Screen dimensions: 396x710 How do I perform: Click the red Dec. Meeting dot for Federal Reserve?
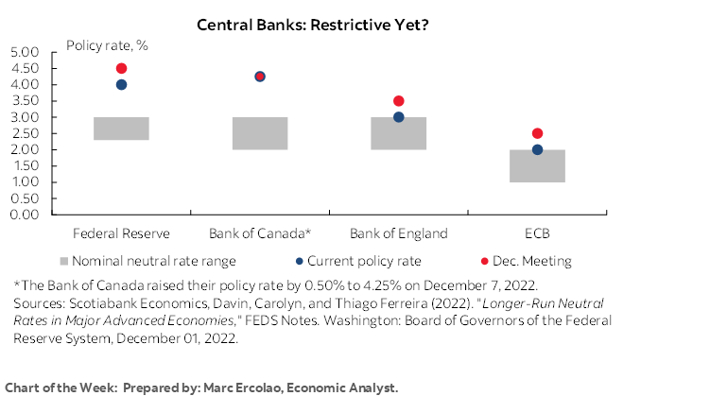click(121, 69)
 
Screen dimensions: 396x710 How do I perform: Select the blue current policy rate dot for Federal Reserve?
click(121, 85)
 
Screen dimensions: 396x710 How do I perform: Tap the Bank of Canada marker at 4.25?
click(260, 77)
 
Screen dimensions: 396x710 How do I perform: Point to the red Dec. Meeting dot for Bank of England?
click(398, 101)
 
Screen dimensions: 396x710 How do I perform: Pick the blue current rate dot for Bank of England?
click(398, 117)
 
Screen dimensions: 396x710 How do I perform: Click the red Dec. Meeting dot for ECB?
click(537, 133)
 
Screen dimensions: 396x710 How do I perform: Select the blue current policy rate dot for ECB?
click(537, 149)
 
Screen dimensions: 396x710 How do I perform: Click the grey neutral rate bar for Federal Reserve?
click(121, 129)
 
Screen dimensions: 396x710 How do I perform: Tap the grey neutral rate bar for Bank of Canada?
click(260, 133)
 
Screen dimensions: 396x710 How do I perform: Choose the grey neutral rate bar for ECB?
click(537, 167)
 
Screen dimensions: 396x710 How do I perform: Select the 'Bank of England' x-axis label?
click(398, 233)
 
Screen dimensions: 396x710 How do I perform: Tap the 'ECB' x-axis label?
click(537, 233)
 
